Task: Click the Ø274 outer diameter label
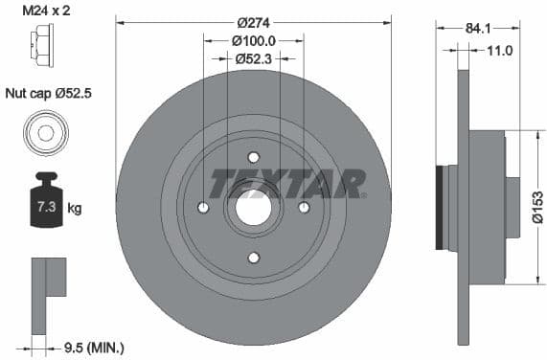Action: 253,21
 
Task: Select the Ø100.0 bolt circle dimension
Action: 253,40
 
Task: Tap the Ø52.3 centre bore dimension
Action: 253,58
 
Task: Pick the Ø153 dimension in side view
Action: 536,206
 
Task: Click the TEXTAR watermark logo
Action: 287,182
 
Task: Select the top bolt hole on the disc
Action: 253,157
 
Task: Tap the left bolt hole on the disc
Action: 203,208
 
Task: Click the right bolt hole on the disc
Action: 304,208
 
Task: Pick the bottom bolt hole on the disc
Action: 253,258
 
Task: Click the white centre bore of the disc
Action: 253,208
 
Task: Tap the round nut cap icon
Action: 45,131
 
